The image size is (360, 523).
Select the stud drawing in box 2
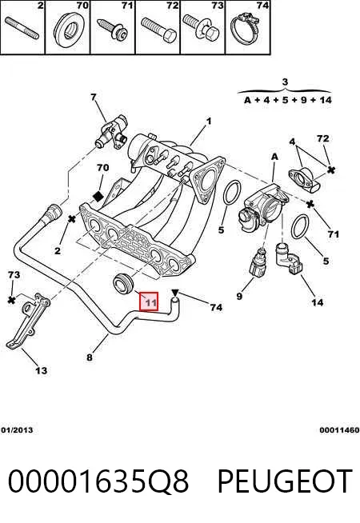22,28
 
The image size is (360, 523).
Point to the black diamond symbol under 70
98,197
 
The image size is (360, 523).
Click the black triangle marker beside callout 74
175,293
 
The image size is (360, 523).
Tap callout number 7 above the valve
94,97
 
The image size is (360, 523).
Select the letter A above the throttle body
274,157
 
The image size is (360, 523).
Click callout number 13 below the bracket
42,370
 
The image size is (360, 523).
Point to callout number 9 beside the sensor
239,296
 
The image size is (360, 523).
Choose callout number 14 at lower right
318,302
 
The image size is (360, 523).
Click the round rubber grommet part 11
122,284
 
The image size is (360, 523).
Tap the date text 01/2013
17,430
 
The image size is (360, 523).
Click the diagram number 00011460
339,430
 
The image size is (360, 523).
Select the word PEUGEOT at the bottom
285,481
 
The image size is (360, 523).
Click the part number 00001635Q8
98,481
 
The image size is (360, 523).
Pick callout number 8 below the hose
90,357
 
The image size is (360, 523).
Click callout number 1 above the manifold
209,121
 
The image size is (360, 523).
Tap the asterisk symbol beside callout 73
12,300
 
